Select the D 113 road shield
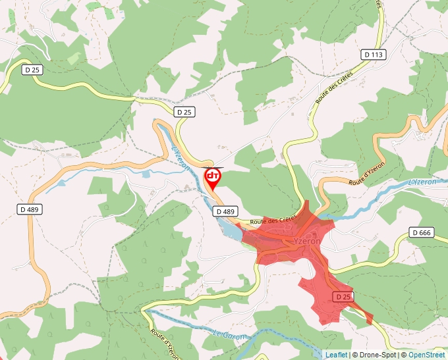click(374, 54)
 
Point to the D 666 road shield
click(421, 232)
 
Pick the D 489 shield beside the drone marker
click(225, 211)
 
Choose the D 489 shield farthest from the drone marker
click(30, 209)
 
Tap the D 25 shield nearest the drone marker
click(184, 113)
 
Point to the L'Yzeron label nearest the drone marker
click(181, 159)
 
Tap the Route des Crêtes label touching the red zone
click(273, 221)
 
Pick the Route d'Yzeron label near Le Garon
click(164, 343)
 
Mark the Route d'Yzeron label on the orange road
click(366, 172)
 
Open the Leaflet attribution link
click(337, 355)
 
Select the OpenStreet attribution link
click(428, 355)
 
